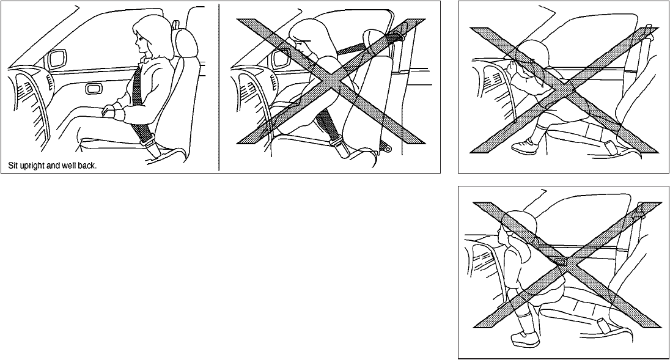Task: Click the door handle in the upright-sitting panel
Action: coord(92,89)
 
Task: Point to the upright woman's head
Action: coord(147,35)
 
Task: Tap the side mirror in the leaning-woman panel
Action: coord(282,58)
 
